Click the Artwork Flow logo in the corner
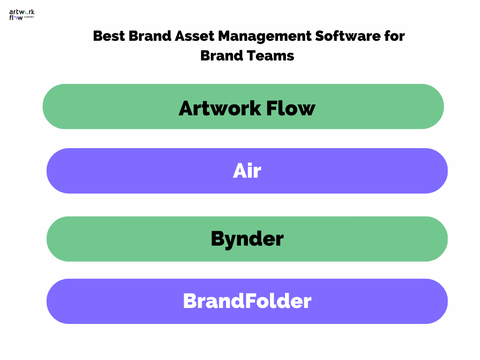click(x=22, y=15)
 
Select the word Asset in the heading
click(x=199, y=36)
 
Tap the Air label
click(x=247, y=171)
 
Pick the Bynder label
click(x=247, y=239)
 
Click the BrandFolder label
click(x=247, y=300)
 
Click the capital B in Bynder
click(x=217, y=239)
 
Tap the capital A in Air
click(x=240, y=172)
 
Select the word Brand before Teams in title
click(x=222, y=55)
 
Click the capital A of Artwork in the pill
click(x=187, y=108)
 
